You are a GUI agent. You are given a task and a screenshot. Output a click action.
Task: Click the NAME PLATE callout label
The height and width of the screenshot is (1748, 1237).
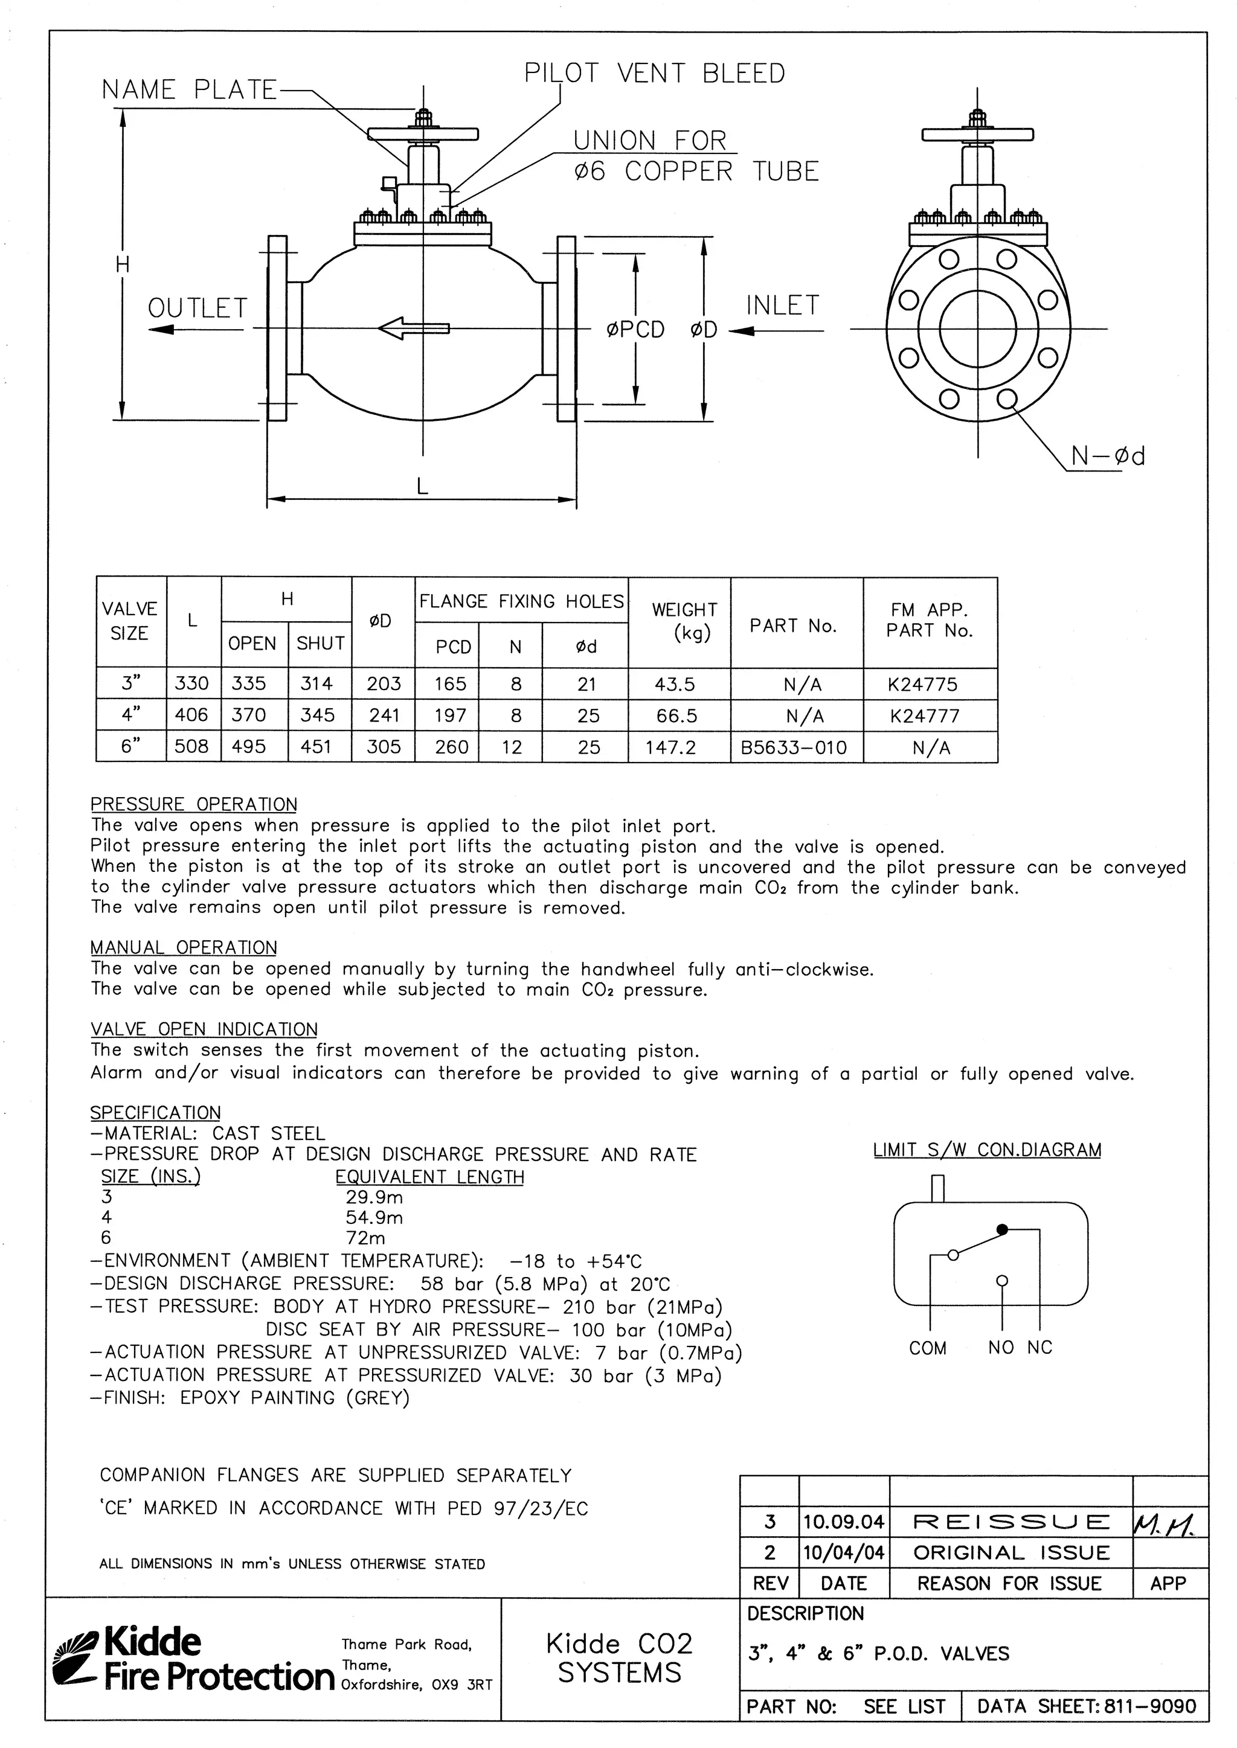pyautogui.click(x=189, y=90)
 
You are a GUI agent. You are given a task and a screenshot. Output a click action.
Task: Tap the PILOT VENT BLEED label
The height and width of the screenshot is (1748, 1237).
pyautogui.click(x=654, y=73)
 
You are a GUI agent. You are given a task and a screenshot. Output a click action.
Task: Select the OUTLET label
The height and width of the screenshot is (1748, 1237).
pyautogui.click(x=198, y=309)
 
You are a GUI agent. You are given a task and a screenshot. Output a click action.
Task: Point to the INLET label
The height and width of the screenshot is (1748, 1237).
pyautogui.click(x=782, y=306)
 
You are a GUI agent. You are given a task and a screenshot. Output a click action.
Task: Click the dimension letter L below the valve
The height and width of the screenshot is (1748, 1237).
pyautogui.click(x=422, y=485)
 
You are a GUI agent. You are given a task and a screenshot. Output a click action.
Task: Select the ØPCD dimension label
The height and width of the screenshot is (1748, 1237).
pyautogui.click(x=635, y=330)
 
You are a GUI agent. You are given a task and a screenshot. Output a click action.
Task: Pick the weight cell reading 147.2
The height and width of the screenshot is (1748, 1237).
pyautogui.click(x=670, y=748)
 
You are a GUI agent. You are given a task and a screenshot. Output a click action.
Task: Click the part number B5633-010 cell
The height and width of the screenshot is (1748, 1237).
pyautogui.click(x=794, y=748)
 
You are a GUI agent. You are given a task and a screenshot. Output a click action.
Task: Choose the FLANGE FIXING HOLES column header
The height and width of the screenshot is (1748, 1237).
pyautogui.click(x=521, y=601)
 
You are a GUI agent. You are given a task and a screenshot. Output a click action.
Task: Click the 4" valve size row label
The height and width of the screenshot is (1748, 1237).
pyautogui.click(x=131, y=715)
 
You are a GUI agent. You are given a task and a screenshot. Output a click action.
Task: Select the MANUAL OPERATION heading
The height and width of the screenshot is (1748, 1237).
pyautogui.click(x=184, y=947)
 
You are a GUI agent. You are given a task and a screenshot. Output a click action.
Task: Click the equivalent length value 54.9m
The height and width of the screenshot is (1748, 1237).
pyautogui.click(x=374, y=1217)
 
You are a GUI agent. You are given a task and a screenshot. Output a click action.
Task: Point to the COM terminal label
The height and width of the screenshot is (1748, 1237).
pyautogui.click(x=927, y=1348)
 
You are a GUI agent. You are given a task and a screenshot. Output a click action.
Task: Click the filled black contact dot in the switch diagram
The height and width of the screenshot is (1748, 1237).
pyautogui.click(x=1003, y=1229)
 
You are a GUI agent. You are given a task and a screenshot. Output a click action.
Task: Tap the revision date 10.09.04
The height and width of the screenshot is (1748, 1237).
pyautogui.click(x=843, y=1522)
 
